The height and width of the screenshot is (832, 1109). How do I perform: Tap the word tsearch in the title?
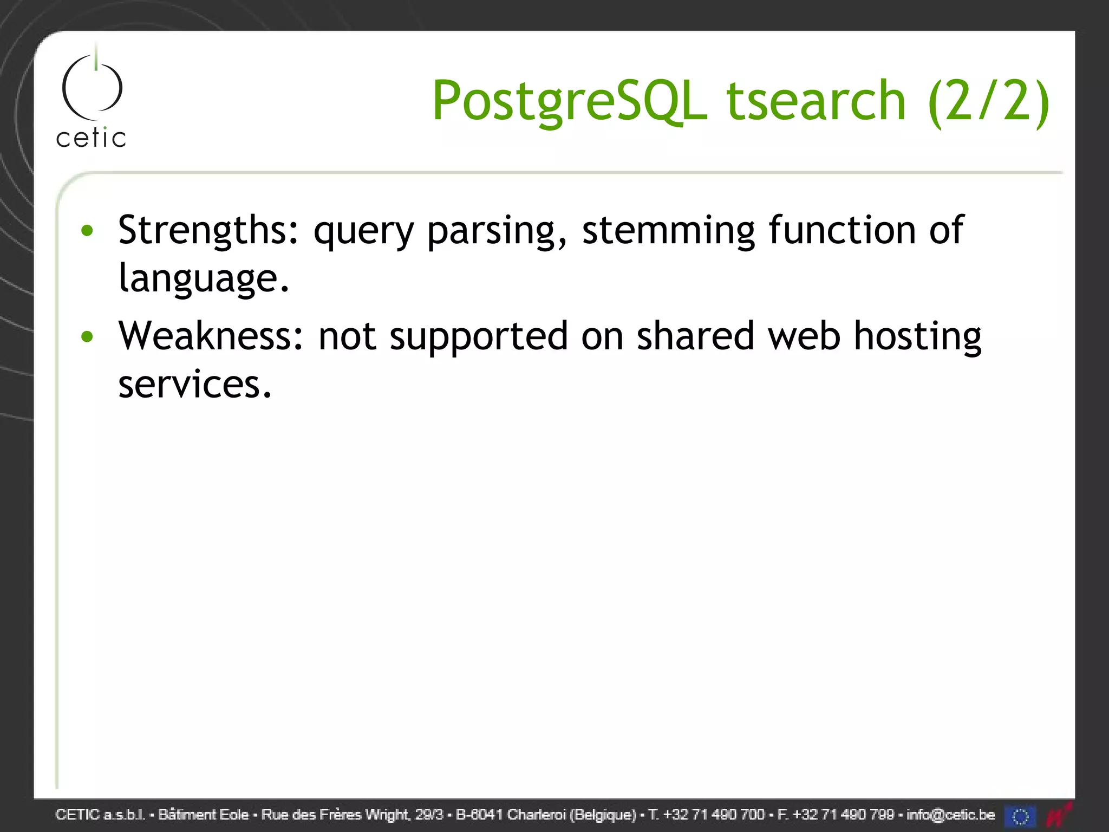tap(816, 101)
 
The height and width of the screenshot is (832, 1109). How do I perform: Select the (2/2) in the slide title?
tap(988, 101)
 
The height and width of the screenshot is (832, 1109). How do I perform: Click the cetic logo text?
tap(91, 138)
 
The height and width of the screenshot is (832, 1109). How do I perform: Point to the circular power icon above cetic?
tap(93, 87)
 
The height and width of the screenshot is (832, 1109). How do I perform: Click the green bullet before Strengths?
tap(87, 231)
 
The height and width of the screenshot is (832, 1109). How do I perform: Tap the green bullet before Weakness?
tap(87, 337)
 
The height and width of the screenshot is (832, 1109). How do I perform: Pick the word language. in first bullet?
tap(204, 278)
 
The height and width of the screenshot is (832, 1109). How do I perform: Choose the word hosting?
tap(917, 336)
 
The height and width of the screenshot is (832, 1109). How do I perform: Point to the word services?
tap(194, 384)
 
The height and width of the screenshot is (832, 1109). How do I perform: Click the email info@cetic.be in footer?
tap(950, 815)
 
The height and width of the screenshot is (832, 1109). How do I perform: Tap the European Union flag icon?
tap(1020, 816)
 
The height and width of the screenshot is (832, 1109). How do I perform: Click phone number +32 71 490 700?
tap(713, 815)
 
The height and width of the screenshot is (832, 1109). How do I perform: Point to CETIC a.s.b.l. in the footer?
tap(101, 815)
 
